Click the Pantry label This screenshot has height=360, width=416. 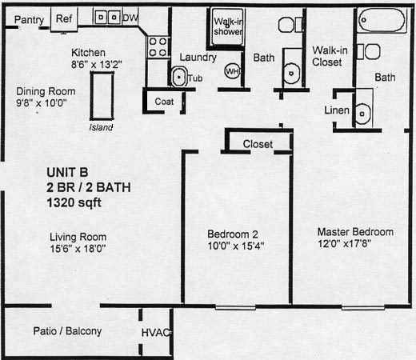click(x=29, y=20)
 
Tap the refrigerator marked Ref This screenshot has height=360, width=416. click(x=64, y=19)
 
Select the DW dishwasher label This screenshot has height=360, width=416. click(x=130, y=18)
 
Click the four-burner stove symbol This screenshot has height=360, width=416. click(x=158, y=47)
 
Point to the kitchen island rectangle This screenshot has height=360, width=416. click(x=102, y=96)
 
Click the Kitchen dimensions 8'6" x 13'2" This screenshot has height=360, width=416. click(x=97, y=65)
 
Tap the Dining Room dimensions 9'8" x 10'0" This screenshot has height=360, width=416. click(x=42, y=103)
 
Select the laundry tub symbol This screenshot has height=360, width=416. click(x=179, y=77)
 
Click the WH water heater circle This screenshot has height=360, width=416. click(x=233, y=71)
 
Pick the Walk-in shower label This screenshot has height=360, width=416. click(x=229, y=26)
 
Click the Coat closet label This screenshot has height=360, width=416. click(x=164, y=102)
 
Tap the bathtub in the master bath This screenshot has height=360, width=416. click(x=382, y=20)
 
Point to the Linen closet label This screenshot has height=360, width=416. click(x=337, y=110)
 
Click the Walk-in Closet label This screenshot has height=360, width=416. click(x=330, y=56)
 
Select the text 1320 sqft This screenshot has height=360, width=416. click(x=74, y=202)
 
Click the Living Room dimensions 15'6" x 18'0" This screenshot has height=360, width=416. click(x=78, y=249)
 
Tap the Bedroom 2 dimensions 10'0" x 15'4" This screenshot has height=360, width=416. click(x=236, y=246)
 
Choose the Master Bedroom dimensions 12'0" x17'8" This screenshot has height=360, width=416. click(x=344, y=244)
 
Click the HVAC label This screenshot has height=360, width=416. click(x=156, y=333)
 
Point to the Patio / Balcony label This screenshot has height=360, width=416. click(x=67, y=331)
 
